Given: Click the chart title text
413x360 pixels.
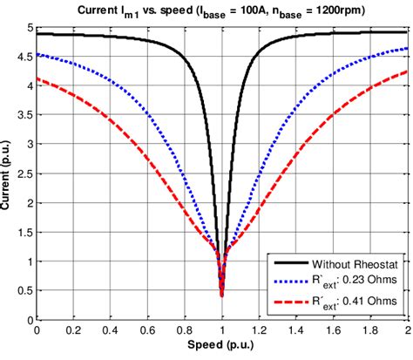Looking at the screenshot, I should coord(221,10).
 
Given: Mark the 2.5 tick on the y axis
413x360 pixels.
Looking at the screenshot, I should coord(23,173).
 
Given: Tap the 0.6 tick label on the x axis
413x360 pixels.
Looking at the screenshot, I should coord(147,331).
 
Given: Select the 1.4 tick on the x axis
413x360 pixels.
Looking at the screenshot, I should coord(295,331).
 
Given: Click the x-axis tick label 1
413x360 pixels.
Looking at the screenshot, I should coord(221,331).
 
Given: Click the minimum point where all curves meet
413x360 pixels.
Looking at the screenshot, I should coord(221,295).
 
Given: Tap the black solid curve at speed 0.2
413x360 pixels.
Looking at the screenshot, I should coord(73,35).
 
